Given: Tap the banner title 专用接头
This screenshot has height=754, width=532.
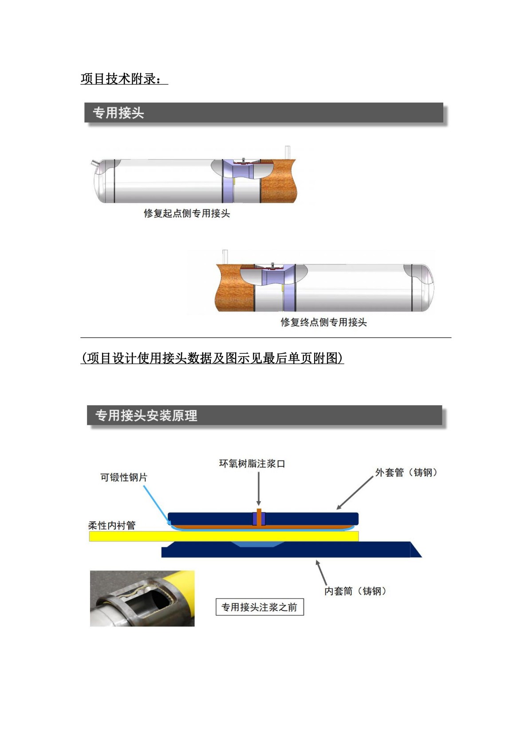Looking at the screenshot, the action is tap(118, 113).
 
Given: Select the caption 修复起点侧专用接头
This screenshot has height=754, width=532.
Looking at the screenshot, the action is tap(187, 213).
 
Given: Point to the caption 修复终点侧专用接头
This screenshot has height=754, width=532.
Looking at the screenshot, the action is tap(323, 322).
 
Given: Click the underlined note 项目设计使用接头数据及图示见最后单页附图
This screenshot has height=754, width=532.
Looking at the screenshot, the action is tap(213, 358).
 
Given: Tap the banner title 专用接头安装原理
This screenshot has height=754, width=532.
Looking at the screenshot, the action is tap(146, 416).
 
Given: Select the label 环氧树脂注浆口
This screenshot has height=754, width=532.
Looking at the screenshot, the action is tap(252, 463).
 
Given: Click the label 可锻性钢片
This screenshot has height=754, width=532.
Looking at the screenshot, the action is tap(124, 477).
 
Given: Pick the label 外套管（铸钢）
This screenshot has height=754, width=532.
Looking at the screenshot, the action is tap(406, 472).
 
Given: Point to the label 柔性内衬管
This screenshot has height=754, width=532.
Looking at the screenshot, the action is tap(112, 526).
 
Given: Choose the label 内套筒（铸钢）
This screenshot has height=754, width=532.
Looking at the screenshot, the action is tap(355, 591).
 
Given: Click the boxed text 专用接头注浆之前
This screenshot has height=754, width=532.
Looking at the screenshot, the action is tap(260, 607).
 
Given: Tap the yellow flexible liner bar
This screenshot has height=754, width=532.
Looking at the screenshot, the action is tap(224, 536).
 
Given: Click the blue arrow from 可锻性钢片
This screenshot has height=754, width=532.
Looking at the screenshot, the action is tap(157, 505).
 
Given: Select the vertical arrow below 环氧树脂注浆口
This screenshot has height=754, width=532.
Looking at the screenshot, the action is tap(259, 488).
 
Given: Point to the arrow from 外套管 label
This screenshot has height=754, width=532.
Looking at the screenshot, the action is tap(355, 492).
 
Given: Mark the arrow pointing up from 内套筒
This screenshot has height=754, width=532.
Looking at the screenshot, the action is tap(321, 573).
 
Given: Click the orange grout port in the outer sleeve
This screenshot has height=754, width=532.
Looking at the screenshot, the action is tap(259, 517).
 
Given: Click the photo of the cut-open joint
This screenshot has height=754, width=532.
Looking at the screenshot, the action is tap(142, 598).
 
